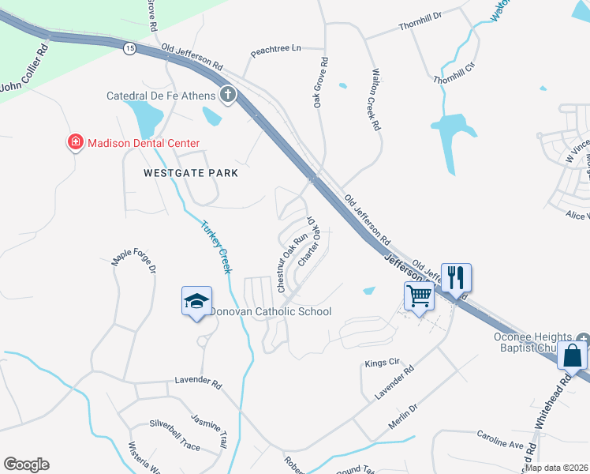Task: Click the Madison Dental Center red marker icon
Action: (x=76, y=143)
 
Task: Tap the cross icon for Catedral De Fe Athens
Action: (x=228, y=96)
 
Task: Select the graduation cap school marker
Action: (x=196, y=301)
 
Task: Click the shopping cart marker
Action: (x=420, y=297)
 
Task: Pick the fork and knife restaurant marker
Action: (x=456, y=278)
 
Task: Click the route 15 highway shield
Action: (x=129, y=48)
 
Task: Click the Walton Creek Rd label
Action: (x=375, y=99)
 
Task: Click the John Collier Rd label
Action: (x=24, y=70)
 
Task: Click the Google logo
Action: (x=26, y=465)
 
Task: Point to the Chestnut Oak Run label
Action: (x=291, y=261)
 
